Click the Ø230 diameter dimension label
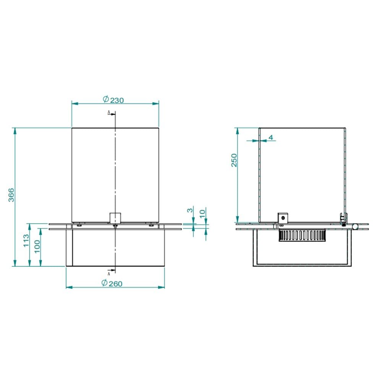(x=113, y=100)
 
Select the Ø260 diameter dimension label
(x=112, y=283)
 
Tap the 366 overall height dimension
(x=11, y=195)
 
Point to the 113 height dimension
(x=26, y=240)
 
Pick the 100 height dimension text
(x=37, y=246)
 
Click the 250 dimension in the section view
(x=234, y=160)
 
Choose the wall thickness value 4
(x=271, y=138)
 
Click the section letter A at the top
(x=109, y=112)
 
